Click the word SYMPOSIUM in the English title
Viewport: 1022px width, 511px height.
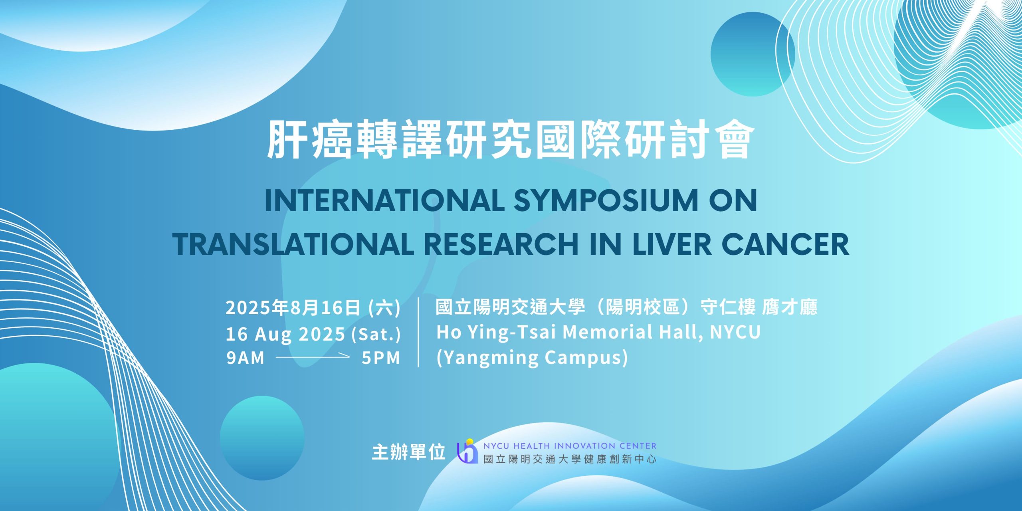[606, 200]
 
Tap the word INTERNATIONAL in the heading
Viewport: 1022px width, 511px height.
[384, 200]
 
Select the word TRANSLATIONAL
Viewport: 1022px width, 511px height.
[293, 244]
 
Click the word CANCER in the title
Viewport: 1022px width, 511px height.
[785, 244]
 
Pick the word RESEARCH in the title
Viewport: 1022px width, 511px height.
[501, 244]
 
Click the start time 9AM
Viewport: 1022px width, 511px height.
[246, 358]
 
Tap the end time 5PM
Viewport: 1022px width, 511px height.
[381, 358]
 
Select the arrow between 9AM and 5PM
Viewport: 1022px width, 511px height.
[313, 357]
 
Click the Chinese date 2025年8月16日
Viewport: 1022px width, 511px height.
[293, 307]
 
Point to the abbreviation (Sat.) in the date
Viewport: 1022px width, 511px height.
[376, 334]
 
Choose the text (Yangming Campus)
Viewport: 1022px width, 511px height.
[532, 357]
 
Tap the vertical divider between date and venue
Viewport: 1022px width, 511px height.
[418, 332]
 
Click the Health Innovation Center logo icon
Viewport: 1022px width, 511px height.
[467, 451]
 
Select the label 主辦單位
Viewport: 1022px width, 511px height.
[408, 452]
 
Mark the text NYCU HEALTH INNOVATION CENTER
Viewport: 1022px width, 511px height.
[570, 446]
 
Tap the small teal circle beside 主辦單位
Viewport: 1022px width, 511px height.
[262, 438]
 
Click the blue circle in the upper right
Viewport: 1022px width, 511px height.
[753, 54]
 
